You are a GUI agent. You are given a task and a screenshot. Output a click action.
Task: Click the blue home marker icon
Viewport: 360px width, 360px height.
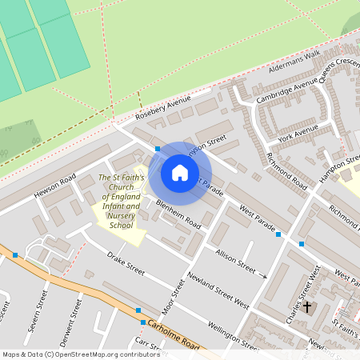(180, 173)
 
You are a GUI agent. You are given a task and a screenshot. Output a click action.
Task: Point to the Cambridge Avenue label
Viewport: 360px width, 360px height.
(286, 91)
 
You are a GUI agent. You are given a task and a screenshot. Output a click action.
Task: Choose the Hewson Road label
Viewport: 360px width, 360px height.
(54, 186)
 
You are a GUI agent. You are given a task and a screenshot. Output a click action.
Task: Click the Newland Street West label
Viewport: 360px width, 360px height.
(218, 289)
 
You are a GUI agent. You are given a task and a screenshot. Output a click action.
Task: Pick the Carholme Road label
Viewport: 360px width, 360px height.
(171, 331)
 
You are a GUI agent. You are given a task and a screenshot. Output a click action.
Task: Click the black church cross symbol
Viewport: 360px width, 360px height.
(306, 306)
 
